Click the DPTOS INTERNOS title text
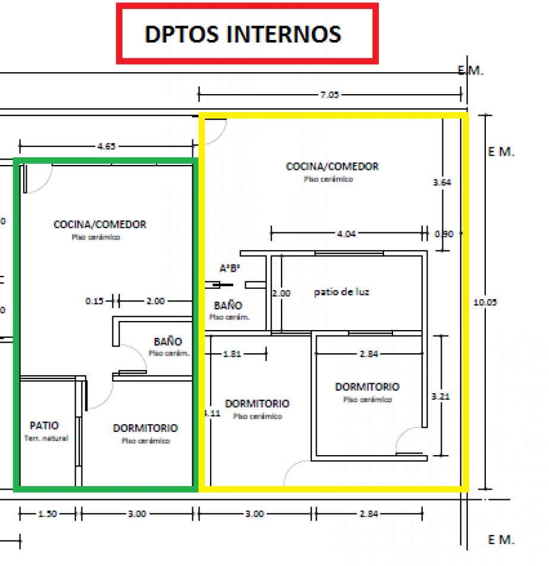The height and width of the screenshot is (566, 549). [243, 34]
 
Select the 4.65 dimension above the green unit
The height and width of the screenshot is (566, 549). [107, 145]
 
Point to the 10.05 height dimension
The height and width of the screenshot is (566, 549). [485, 302]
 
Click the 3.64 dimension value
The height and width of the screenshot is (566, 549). [442, 183]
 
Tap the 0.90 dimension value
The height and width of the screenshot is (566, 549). [444, 234]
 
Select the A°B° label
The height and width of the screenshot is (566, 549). [229, 269]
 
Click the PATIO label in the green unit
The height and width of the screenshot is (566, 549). [44, 426]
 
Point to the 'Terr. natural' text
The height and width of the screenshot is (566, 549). [46, 439]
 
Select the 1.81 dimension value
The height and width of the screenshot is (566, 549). [232, 354]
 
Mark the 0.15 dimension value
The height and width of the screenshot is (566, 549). [94, 301]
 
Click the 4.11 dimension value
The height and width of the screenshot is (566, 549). [211, 413]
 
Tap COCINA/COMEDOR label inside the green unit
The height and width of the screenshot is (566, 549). [100, 225]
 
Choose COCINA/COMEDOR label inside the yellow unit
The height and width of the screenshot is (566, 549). [332, 166]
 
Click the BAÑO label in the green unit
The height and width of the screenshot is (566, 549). [168, 342]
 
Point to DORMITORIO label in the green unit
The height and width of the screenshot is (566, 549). [145, 428]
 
